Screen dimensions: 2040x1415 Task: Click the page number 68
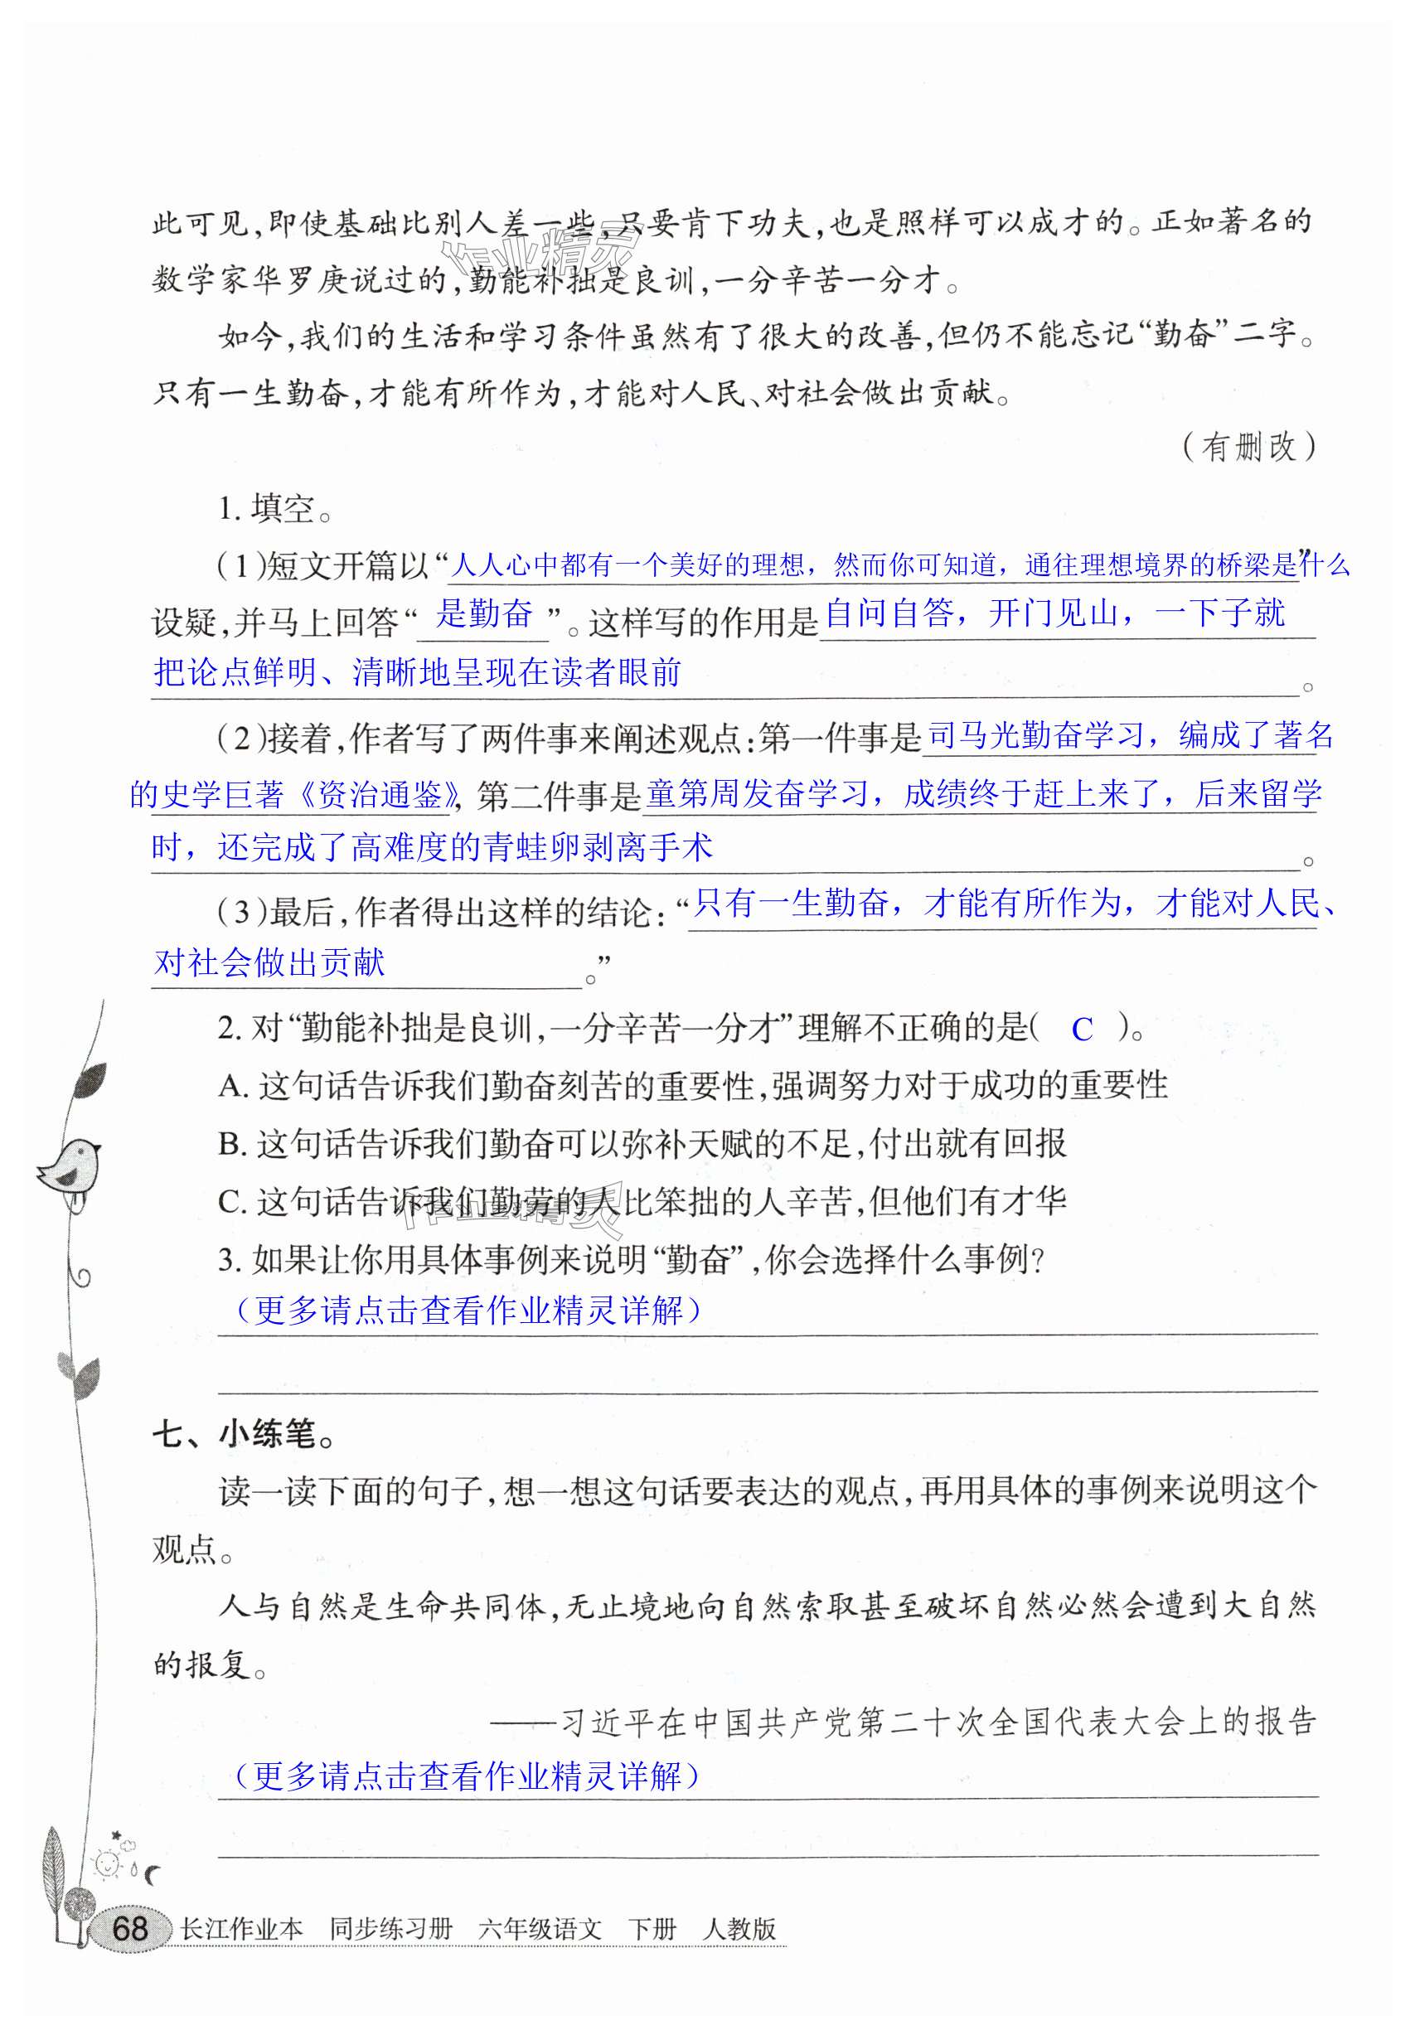coord(129,1929)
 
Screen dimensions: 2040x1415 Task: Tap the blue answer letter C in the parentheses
coord(1082,1030)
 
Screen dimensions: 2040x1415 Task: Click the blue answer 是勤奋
coord(484,613)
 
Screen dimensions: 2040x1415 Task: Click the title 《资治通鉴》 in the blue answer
coord(380,795)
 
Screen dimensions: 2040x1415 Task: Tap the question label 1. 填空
coord(275,509)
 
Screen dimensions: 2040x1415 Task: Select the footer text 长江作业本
coord(241,1929)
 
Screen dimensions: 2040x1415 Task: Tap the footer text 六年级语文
coord(539,1929)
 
